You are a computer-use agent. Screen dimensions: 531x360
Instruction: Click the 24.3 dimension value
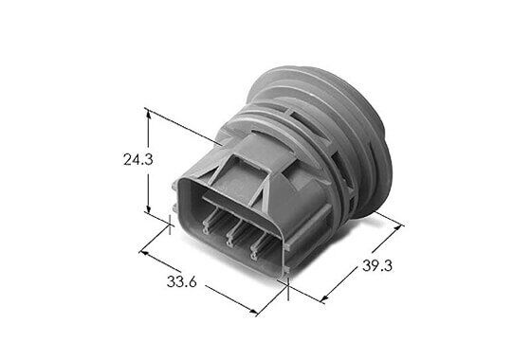coord(138,159)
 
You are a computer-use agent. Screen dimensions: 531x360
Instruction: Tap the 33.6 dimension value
coord(181,281)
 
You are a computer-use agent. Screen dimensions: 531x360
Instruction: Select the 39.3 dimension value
coord(377,265)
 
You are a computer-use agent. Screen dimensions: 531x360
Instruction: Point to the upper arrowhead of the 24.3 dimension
coord(148,114)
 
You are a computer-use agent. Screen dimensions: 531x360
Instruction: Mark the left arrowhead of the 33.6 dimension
coord(144,253)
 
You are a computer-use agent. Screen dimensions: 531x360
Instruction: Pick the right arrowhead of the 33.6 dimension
coord(252,312)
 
